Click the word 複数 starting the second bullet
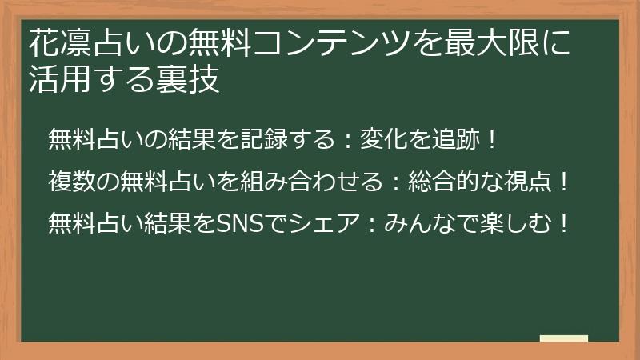[72, 182]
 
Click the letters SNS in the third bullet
[239, 223]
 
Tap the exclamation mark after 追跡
[492, 139]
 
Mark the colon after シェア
[371, 224]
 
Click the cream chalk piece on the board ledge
[564, 338]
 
